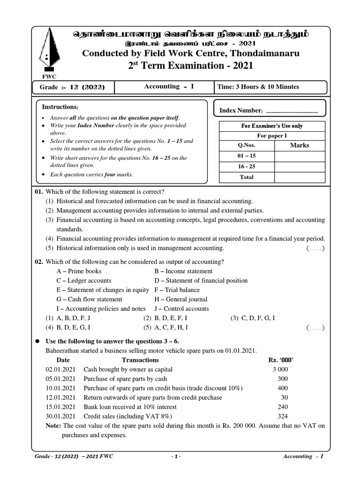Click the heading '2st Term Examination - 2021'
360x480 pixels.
(x=190, y=66)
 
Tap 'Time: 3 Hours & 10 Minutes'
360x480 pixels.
(x=258, y=87)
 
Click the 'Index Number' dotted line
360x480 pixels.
(x=292, y=111)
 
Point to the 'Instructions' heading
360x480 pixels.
(x=60, y=107)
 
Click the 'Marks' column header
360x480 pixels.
(x=300, y=145)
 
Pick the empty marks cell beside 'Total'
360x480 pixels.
(x=300, y=177)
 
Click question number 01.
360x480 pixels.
(x=38, y=192)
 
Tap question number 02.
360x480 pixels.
(x=38, y=262)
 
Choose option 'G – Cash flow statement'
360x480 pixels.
(x=89, y=299)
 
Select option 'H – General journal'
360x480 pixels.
(x=181, y=299)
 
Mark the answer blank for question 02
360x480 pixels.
(x=315, y=328)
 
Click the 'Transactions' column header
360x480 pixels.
(x=140, y=360)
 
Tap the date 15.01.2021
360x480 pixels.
(x=60, y=407)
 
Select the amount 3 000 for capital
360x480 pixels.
(x=281, y=369)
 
